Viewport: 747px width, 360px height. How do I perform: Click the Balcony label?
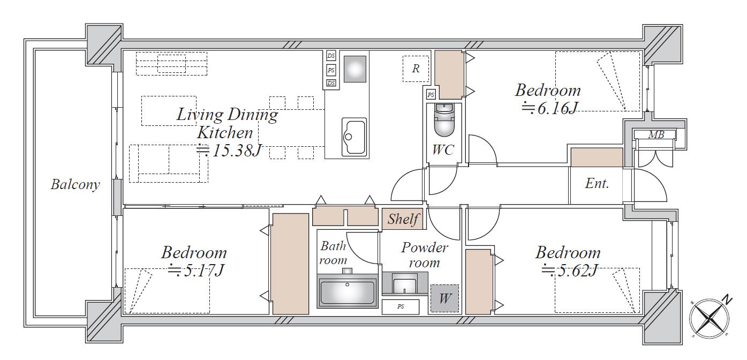(76, 184)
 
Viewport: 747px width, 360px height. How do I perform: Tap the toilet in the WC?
(444, 120)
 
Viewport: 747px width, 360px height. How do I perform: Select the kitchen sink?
(354, 137)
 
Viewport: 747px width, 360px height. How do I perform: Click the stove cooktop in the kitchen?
(355, 69)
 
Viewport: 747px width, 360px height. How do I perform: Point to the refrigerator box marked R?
(416, 69)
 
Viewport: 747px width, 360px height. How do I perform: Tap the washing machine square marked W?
(444, 298)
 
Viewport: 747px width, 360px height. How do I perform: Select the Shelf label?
(403, 219)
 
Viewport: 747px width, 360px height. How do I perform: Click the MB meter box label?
(656, 135)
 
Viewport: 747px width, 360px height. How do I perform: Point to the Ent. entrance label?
(597, 184)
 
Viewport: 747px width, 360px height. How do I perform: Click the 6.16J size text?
(549, 108)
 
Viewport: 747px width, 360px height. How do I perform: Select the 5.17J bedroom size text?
(196, 270)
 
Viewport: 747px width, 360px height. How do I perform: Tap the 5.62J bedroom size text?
(569, 270)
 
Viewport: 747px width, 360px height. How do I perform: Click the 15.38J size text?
(229, 151)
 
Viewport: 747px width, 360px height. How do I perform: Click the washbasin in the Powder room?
(405, 283)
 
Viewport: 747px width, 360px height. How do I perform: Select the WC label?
(443, 150)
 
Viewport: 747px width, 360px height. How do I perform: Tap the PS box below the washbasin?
(401, 306)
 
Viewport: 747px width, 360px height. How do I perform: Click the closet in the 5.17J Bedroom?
(291, 264)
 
